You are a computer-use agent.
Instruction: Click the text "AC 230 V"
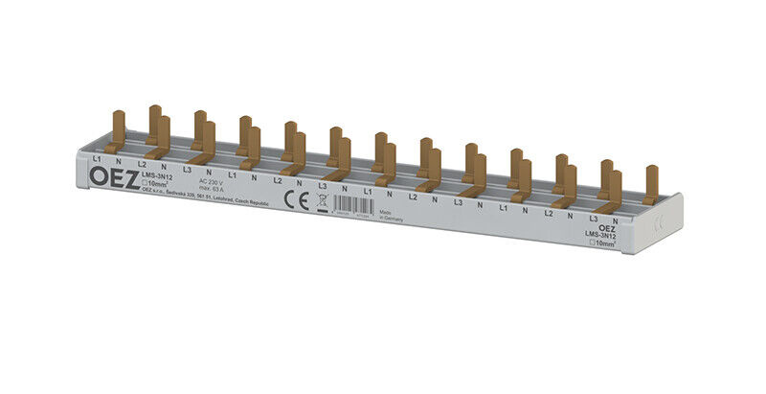(x=212, y=180)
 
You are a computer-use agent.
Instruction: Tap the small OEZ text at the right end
(x=607, y=227)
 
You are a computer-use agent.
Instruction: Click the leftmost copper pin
(x=118, y=130)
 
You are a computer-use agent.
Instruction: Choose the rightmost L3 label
(x=594, y=220)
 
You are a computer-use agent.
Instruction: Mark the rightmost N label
(x=615, y=221)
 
